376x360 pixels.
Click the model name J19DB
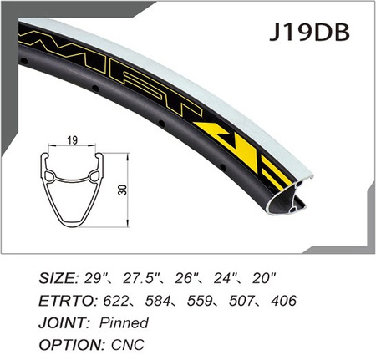tap(309, 32)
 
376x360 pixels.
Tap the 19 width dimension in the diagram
tap(72, 140)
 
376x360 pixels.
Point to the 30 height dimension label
tap(124, 190)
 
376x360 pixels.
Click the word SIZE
tap(58, 278)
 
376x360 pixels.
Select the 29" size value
tap(92, 277)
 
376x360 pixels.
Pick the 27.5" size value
tap(139, 277)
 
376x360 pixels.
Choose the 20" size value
tap(264, 277)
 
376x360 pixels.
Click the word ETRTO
tap(67, 301)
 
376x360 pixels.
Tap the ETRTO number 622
tap(115, 301)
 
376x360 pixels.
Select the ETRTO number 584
tap(157, 301)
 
